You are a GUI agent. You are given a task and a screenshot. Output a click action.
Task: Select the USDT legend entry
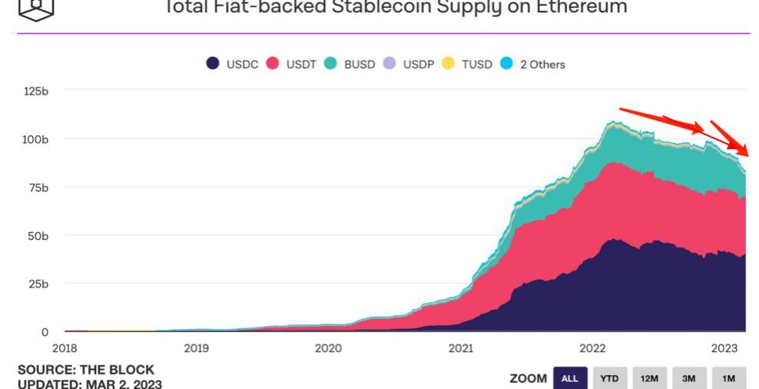coord(293,64)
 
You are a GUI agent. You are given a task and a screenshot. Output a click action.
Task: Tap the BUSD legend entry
coord(350,64)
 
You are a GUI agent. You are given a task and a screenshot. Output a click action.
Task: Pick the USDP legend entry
coord(409,64)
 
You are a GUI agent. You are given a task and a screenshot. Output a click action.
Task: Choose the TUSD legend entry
coord(468,64)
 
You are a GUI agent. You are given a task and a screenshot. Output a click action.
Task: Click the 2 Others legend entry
coord(533,64)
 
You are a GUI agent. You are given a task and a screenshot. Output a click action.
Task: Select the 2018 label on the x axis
coord(65,347)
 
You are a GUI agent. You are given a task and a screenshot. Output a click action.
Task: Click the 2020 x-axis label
coord(328,347)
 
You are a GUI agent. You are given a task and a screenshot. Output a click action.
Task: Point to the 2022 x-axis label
coord(593,347)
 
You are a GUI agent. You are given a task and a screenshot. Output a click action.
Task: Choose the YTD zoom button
coord(609,378)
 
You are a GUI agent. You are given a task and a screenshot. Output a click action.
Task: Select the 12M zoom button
coord(649,378)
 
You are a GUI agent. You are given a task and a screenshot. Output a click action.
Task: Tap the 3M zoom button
coord(689,378)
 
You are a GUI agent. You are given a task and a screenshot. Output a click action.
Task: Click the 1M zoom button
coord(728,378)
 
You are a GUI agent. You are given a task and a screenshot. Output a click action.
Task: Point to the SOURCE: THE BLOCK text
coord(86,370)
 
